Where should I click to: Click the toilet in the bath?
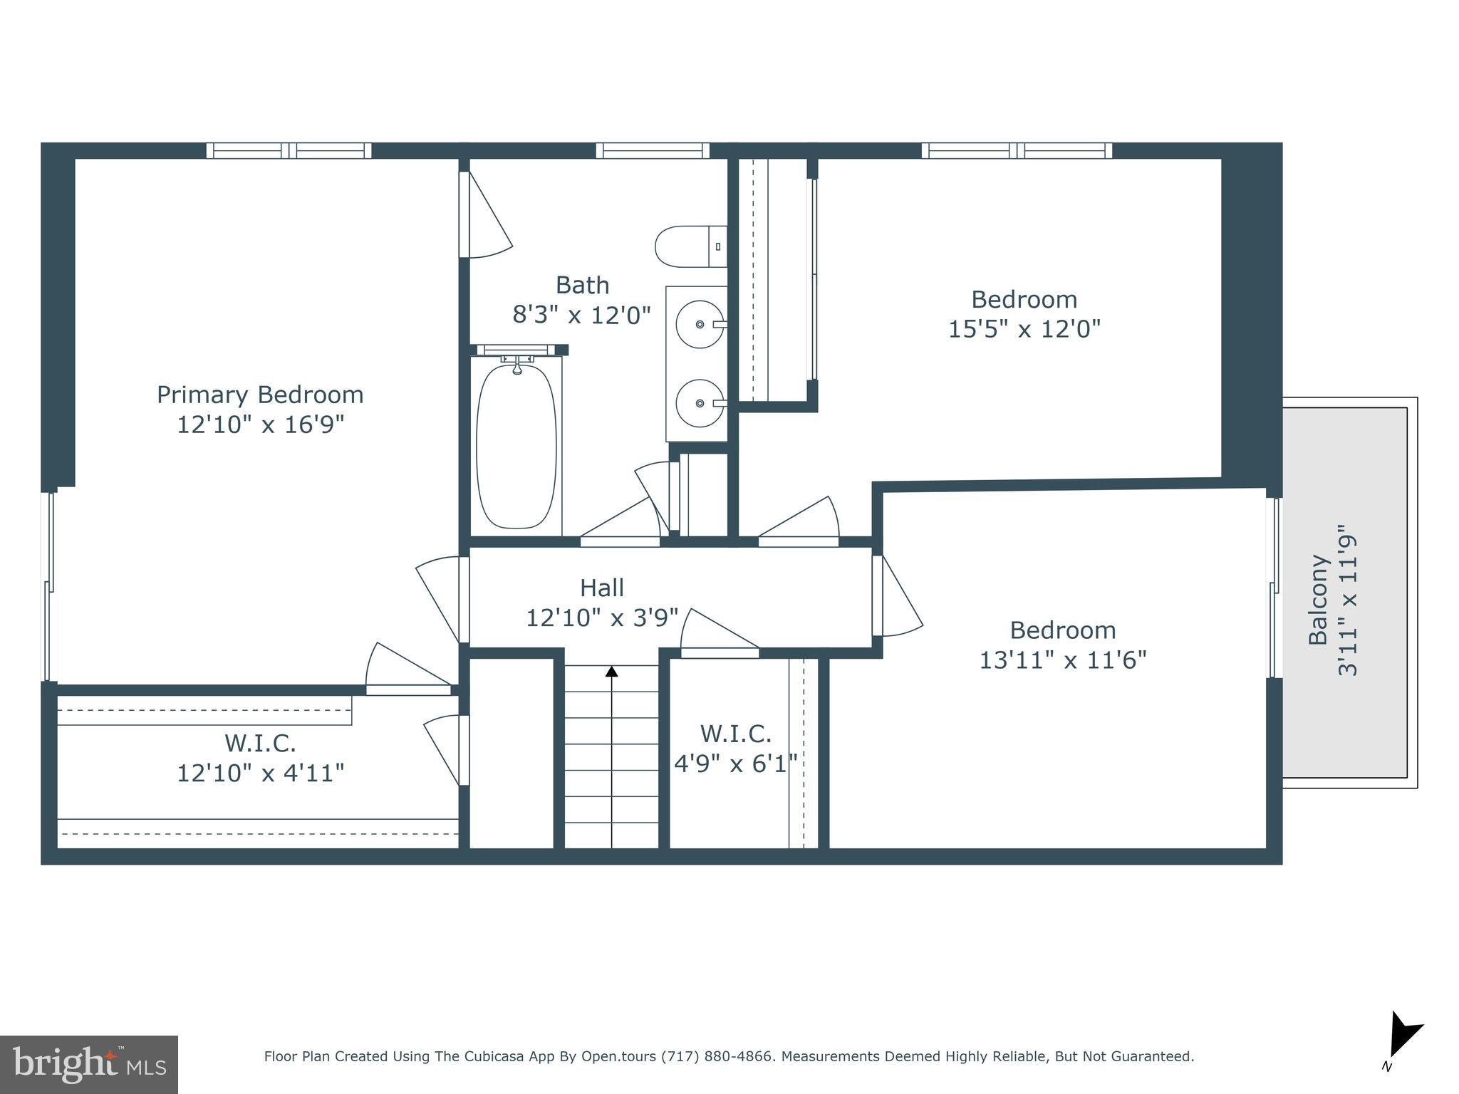pos(687,246)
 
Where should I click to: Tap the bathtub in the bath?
pos(516,446)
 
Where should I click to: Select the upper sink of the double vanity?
pos(700,324)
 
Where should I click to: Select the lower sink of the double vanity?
pos(700,403)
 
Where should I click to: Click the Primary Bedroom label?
pos(260,395)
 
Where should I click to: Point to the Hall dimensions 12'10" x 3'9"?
pos(602,618)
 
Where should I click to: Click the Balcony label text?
pos(1319,600)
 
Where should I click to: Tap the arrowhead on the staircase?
pos(611,671)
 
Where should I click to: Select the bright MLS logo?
pos(89,1064)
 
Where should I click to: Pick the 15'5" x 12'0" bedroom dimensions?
pos(1024,329)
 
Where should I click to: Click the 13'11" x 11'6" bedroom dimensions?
pos(1062,660)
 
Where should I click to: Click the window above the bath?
pos(652,150)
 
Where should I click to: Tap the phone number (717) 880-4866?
pos(717,1056)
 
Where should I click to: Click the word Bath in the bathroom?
pos(582,285)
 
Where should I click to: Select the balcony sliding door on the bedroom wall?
pos(1274,588)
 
